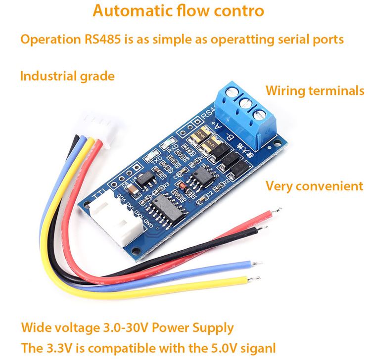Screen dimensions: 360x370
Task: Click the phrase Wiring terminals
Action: click(x=315, y=91)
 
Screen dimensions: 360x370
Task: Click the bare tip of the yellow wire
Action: click(x=255, y=279)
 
